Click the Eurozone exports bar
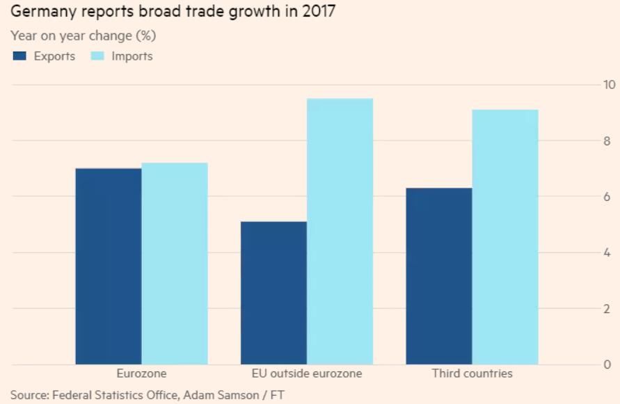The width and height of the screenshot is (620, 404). pos(109,266)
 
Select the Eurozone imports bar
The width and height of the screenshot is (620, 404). pos(175,264)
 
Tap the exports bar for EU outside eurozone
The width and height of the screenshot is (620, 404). pos(273,293)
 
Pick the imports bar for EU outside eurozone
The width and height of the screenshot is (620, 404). pos(340,232)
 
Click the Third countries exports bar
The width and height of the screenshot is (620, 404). pos(439,276)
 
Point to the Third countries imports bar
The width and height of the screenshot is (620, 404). pos(505,237)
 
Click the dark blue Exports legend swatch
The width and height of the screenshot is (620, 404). pos(19,56)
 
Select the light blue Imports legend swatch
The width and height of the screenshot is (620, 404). pos(97,56)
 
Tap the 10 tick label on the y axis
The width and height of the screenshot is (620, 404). pos(609,85)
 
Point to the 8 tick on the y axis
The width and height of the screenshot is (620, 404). pos(607,140)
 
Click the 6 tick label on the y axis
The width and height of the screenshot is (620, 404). pos(607,197)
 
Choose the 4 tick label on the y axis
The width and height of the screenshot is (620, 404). pos(607,252)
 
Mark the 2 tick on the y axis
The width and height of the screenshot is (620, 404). pos(607,308)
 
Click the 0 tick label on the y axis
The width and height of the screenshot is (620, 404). pos(607,364)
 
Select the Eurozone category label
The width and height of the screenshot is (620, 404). pos(141,373)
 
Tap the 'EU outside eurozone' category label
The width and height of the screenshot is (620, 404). pos(307,373)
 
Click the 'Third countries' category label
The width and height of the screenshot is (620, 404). pos(472,373)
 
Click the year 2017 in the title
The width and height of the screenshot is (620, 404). pos(319,11)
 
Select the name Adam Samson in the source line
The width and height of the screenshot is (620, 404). pos(219,395)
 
